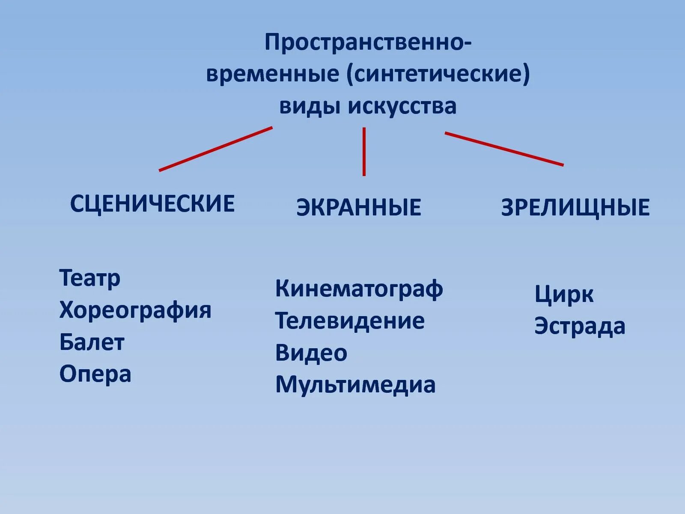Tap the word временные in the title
point(273,74)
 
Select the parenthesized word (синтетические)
point(438,74)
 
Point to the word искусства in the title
point(402,106)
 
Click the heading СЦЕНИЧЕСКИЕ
point(152,203)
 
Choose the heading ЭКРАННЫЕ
point(359,207)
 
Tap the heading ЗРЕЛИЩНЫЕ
point(575,207)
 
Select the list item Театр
point(90,278)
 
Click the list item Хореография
point(135,310)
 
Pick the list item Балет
point(92,342)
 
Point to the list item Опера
point(95,374)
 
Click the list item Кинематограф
point(359,289)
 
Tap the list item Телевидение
point(350,321)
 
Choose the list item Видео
point(311,353)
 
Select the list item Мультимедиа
point(355,385)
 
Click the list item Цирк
point(564,294)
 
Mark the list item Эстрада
point(580,326)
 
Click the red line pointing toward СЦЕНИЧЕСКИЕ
point(216,149)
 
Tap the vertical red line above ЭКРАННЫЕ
point(364,152)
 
